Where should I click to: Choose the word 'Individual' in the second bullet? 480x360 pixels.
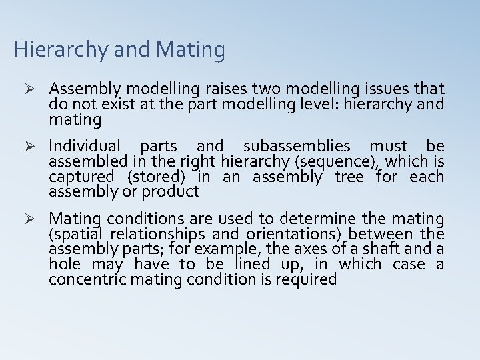[x=85, y=145]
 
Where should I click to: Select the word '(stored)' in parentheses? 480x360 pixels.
[x=154, y=177]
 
